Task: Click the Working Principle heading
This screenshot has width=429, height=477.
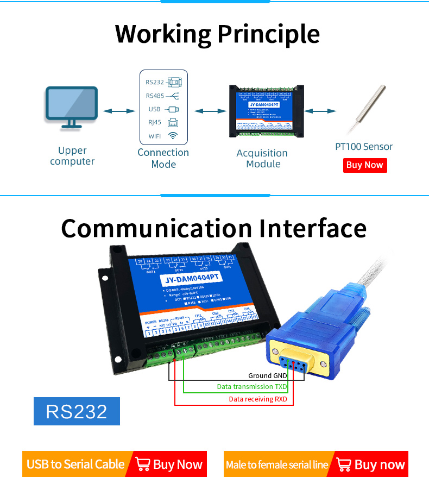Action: (217, 34)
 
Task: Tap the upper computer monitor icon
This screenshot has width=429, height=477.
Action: (72, 107)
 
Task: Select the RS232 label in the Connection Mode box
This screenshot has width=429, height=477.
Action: (154, 83)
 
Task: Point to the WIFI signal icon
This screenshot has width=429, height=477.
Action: (173, 136)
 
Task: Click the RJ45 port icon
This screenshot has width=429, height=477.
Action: (173, 122)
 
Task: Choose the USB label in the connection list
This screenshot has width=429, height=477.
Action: (154, 109)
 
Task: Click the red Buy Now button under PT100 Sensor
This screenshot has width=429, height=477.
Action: (365, 165)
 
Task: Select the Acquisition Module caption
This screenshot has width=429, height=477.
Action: (263, 159)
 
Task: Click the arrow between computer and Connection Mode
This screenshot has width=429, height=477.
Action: (119, 111)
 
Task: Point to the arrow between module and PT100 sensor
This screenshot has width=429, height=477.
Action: (320, 111)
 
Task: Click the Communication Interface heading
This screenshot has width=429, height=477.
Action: (214, 228)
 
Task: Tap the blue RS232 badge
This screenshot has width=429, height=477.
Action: (77, 411)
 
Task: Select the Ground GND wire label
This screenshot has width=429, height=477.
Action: (268, 375)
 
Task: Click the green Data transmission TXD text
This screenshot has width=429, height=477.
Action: (252, 387)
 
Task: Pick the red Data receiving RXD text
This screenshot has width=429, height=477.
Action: (258, 399)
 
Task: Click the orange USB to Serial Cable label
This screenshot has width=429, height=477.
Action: (75, 464)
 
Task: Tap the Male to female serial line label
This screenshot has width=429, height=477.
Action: (277, 465)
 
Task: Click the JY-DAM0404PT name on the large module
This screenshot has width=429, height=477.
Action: (190, 278)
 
